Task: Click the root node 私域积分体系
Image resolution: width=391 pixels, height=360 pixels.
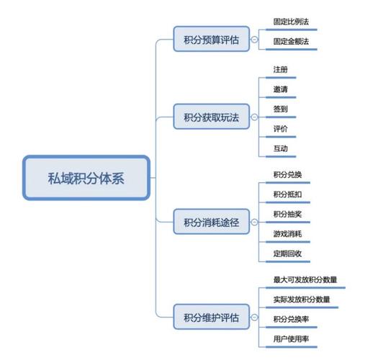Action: coord(86,178)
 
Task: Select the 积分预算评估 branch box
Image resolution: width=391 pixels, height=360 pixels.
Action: coord(212,40)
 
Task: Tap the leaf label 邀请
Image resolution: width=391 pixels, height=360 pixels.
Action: coord(281,89)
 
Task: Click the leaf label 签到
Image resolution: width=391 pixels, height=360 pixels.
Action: coord(281,109)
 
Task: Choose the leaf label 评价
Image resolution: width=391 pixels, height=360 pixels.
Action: coord(281,129)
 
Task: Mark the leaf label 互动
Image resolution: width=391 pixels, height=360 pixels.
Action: coord(281,148)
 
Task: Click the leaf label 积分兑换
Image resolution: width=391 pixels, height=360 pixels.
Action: coord(288,175)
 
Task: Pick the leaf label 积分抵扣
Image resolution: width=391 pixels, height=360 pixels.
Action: coord(288,195)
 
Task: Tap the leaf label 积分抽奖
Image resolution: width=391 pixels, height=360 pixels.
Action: coord(288,215)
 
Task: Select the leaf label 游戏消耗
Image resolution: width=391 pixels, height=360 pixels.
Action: coord(288,235)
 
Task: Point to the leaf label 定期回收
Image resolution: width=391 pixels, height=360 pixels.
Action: coord(288,254)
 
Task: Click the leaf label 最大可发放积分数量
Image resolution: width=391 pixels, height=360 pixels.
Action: coord(305,279)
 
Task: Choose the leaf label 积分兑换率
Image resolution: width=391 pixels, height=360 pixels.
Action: coord(292,319)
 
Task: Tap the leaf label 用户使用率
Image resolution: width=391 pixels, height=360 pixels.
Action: coord(292,338)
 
